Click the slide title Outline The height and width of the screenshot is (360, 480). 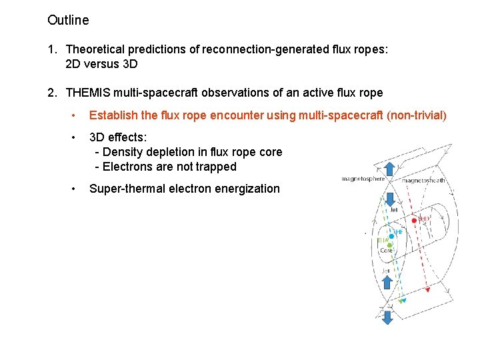tap(68, 21)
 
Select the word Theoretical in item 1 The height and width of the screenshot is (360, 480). tap(95, 49)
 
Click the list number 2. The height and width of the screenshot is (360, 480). tap(52, 93)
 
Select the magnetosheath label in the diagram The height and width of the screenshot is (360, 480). tap(423, 180)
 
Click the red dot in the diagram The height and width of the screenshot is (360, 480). tap(414, 219)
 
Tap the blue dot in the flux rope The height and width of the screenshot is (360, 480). tap(392, 235)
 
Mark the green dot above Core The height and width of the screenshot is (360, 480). tap(389, 245)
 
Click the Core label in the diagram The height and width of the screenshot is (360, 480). tap(386, 251)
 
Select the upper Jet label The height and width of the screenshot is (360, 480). tap(393, 210)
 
